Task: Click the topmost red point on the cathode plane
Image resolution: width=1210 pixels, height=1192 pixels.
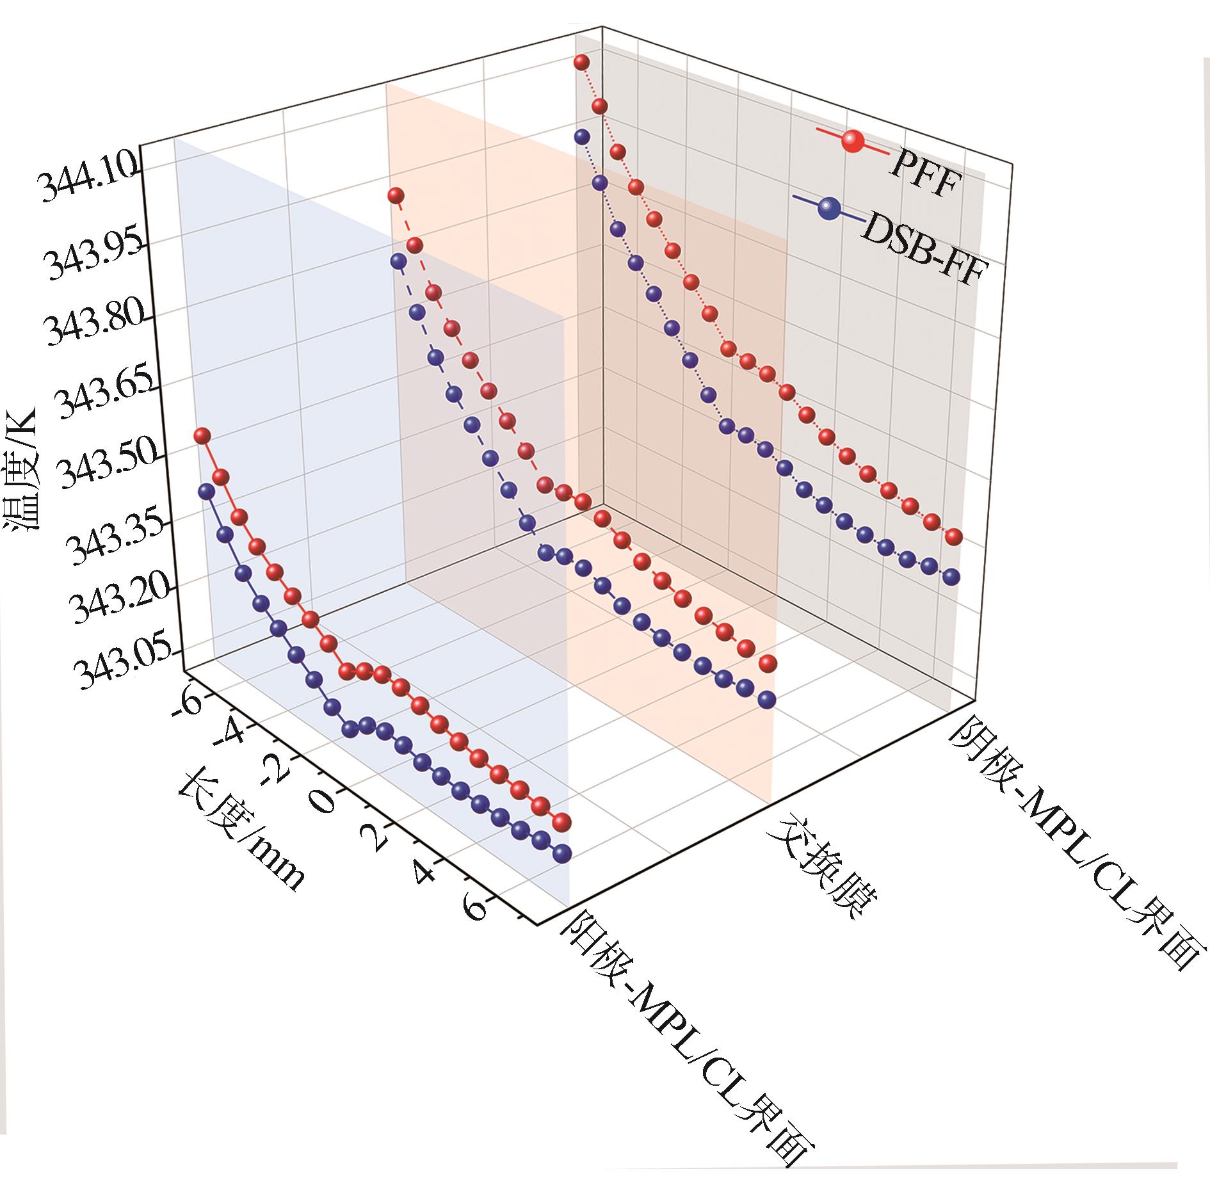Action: (581, 62)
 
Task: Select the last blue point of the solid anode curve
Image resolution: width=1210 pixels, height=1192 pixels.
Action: (562, 853)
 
